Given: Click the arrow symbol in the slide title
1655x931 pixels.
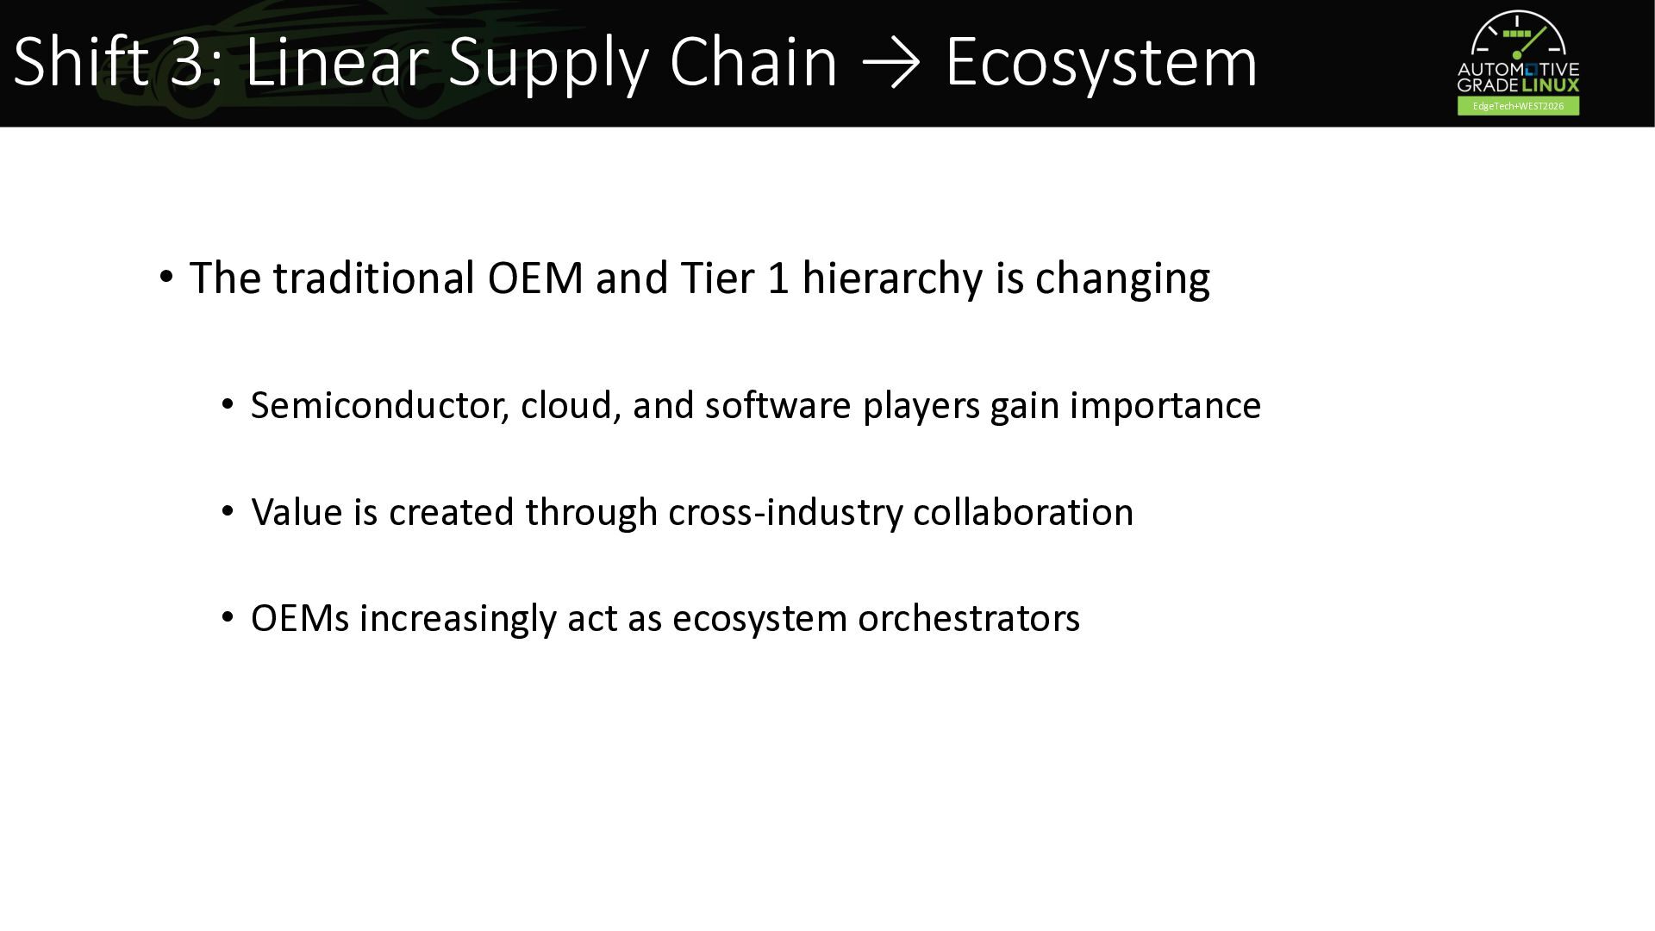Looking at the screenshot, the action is pos(891,63).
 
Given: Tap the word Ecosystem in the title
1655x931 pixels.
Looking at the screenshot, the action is pos(1102,62).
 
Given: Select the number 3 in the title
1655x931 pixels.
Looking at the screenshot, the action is pos(187,62).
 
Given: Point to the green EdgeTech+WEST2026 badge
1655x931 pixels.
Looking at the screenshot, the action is pos(1518,106).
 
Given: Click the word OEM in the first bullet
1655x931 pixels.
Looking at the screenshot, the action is pos(535,278).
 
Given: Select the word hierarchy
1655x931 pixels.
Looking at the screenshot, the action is pos(892,279).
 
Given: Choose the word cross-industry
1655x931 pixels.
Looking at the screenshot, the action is pos(785,512).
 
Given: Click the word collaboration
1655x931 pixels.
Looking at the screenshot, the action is pos(1023,512).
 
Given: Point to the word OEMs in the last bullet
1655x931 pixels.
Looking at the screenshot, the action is pos(300,619).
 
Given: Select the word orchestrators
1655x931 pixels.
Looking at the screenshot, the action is pos(969,619).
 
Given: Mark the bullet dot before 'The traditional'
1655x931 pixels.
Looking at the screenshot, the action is pos(166,278).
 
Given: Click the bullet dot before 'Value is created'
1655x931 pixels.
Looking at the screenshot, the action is pos(228,511).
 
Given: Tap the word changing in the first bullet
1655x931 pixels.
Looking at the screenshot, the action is pos(1122,279).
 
